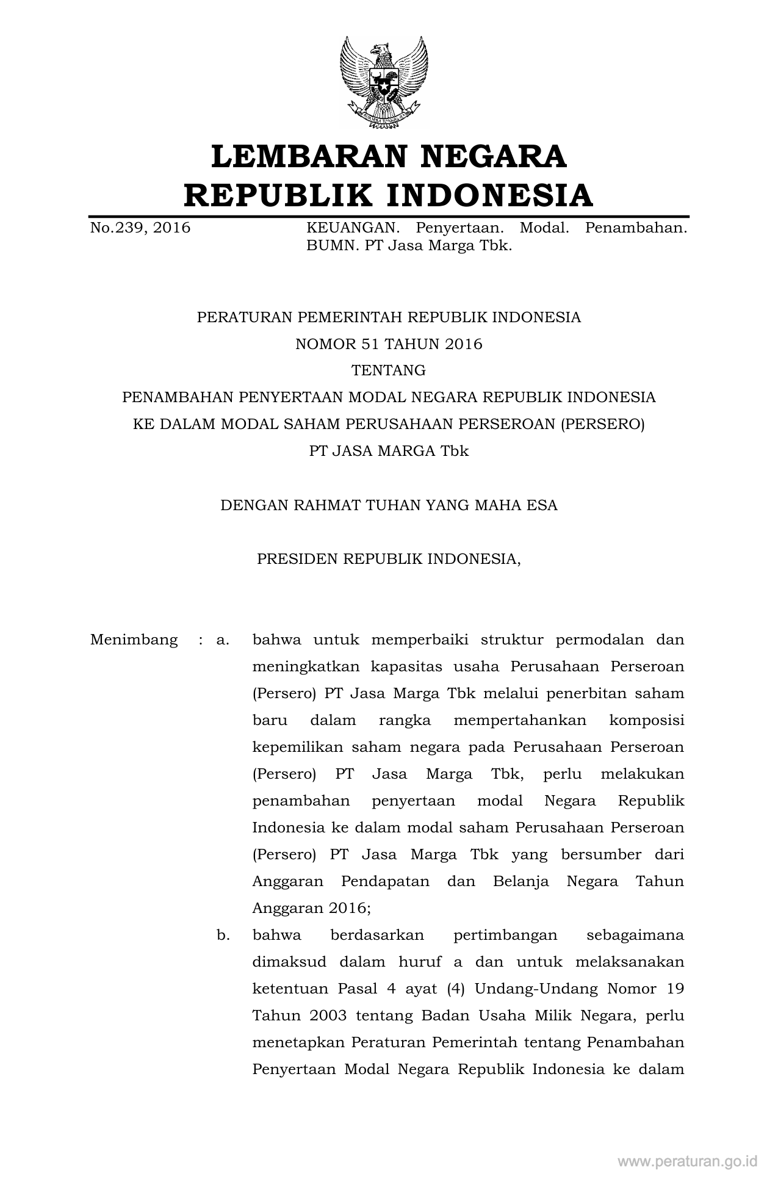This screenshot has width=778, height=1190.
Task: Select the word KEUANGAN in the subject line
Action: [x=353, y=228]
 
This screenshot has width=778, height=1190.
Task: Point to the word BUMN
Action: [x=327, y=247]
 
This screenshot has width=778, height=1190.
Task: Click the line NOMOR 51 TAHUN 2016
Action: [x=389, y=344]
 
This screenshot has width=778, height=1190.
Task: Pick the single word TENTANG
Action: [x=389, y=370]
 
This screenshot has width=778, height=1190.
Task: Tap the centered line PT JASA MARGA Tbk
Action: [x=389, y=451]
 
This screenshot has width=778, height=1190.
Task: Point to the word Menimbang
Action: [x=134, y=640]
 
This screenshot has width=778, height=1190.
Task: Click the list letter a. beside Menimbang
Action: [x=223, y=640]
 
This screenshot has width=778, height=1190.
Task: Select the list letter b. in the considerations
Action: [x=223, y=935]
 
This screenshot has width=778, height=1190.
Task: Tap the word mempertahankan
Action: [x=520, y=720]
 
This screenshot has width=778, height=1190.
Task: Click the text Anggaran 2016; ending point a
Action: [x=311, y=908]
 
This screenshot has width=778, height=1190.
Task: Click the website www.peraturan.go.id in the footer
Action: [x=687, y=1161]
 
